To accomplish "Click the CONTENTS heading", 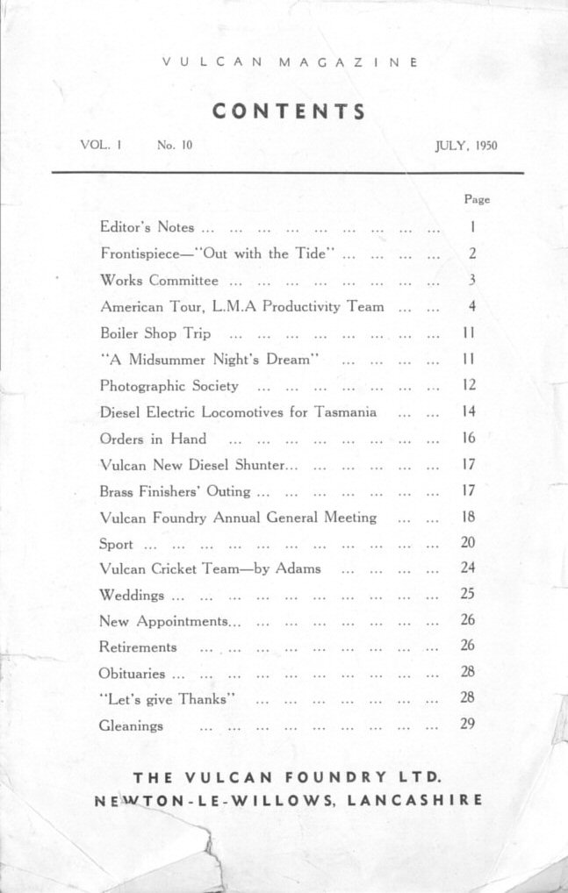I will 289,111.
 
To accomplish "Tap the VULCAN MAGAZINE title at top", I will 289,63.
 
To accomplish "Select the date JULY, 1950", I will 465,146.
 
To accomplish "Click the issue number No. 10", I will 175,146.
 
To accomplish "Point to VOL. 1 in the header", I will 99,146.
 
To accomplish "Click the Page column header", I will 477,199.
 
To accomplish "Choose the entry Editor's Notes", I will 147,227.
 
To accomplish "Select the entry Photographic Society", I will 169,385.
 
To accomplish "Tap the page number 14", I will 468,411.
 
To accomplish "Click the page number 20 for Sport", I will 468,543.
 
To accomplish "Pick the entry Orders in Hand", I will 153,439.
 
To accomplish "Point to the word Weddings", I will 132,595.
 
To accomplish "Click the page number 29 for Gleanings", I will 468,725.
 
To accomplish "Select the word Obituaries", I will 132,674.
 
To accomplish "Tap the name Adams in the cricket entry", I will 298,568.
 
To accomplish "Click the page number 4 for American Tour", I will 472,307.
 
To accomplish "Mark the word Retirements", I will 138,647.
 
